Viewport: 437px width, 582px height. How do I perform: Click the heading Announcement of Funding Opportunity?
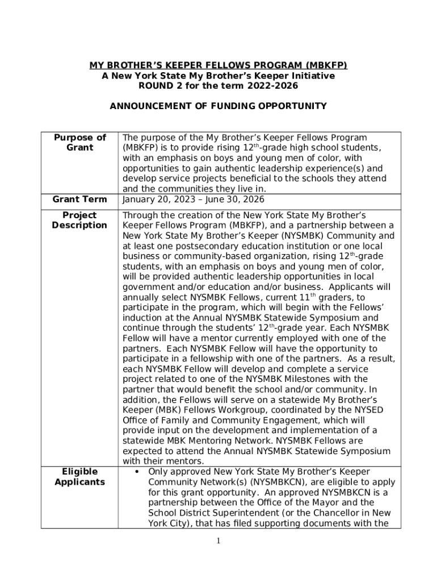(218, 106)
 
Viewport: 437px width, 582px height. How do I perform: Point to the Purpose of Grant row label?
(79, 142)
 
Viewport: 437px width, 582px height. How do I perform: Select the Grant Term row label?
(79, 199)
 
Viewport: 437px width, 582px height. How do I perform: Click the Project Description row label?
(79, 221)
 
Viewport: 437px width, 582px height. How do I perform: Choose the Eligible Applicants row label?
(79, 477)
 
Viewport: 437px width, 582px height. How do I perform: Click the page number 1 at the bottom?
(218, 541)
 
